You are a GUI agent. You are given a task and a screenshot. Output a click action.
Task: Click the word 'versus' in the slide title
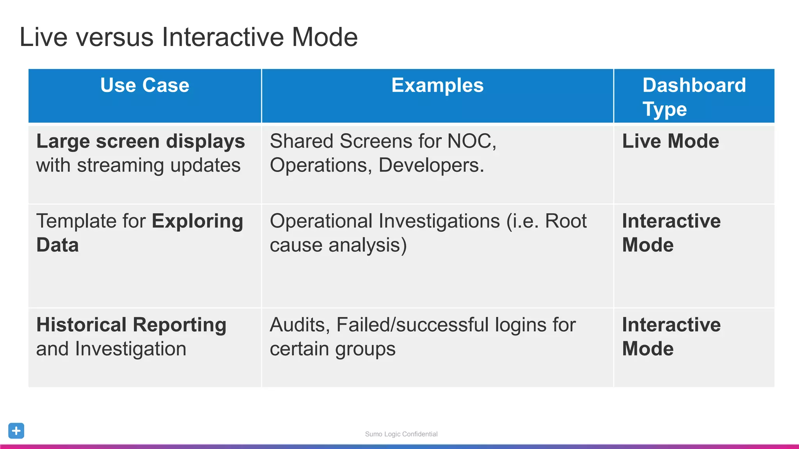[115, 37]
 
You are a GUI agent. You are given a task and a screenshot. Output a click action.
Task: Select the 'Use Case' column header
[145, 85]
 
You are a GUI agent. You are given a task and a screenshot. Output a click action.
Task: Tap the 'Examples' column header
[437, 85]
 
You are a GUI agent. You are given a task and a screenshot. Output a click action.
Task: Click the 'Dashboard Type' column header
[694, 97]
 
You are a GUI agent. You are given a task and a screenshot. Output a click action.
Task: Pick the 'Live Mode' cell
[670, 141]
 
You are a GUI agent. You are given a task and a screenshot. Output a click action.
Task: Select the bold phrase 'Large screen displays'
[140, 141]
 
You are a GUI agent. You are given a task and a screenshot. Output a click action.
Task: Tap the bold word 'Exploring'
[197, 221]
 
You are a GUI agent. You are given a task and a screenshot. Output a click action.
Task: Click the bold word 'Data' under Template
[57, 245]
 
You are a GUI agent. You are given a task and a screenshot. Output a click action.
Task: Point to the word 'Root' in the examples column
[566, 221]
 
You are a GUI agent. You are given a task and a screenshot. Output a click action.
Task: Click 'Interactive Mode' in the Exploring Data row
[671, 233]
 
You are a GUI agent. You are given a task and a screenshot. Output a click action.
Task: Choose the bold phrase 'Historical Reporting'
[131, 325]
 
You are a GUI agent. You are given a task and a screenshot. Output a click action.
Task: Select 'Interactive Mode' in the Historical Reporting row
[671, 336]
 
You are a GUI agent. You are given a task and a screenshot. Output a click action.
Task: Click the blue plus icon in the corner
[16, 431]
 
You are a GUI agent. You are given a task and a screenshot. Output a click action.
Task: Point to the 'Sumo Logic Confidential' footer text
[401, 434]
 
